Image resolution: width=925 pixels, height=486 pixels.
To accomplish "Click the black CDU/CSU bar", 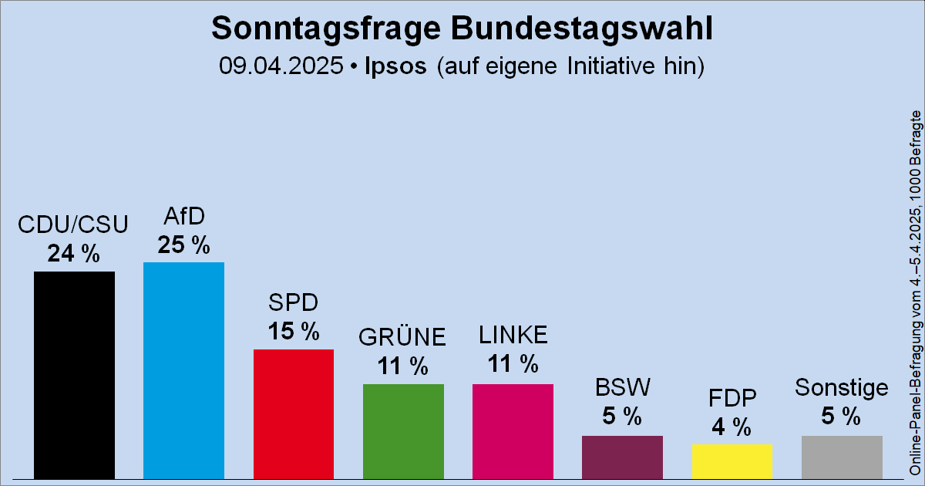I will coord(74,375).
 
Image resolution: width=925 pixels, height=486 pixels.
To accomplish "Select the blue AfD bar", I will coord(183,370).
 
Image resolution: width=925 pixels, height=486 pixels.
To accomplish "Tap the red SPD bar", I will coord(294,413).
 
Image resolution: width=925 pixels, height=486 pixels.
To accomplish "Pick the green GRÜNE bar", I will coord(403,430).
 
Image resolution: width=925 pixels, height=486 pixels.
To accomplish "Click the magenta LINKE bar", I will coord(513,430).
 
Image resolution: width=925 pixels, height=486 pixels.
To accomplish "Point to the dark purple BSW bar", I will coord(622,457).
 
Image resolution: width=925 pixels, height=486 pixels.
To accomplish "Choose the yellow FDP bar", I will coord(732,461).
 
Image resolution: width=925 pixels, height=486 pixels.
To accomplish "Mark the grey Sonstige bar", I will coord(842,457).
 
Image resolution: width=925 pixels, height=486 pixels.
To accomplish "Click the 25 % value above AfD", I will coord(183,245).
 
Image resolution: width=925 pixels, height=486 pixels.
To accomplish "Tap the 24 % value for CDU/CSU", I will coord(74,254).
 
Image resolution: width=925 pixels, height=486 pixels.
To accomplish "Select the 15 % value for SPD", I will coord(294,332).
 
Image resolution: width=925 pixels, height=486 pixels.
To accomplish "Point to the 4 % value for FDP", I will coord(732,427).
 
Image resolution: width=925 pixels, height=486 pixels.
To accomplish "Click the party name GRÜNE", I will coord(403,338).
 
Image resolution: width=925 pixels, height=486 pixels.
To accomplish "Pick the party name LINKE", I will coord(513,335).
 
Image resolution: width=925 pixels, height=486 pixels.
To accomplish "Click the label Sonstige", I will coord(842,387).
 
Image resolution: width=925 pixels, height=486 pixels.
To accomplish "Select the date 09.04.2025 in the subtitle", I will coord(281,66).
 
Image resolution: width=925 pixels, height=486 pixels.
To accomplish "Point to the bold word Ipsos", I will coord(393,66).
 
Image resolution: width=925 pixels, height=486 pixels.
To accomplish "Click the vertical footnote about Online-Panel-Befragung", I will coord(915,293).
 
